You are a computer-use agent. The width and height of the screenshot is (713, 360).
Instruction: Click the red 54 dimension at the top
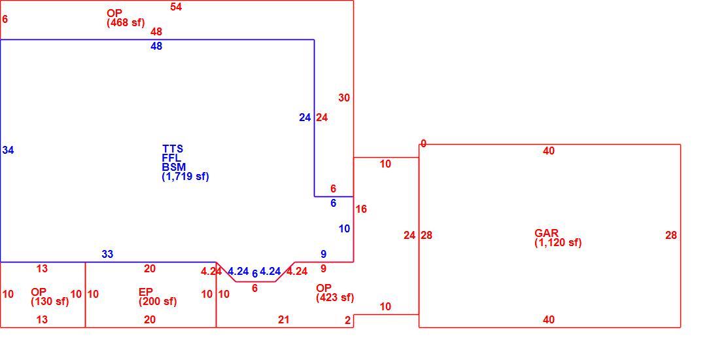click(176, 7)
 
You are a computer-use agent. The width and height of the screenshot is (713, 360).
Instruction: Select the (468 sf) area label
click(126, 22)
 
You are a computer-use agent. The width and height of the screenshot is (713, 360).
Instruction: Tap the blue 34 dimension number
click(8, 150)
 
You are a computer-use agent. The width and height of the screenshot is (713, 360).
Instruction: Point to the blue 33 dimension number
click(107, 255)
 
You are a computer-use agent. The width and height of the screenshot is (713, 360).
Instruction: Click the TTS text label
click(173, 149)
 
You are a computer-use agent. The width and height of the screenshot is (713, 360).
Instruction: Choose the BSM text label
click(174, 167)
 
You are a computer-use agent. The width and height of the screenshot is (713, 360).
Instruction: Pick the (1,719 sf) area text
click(186, 176)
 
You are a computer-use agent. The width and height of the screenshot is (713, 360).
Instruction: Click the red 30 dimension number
click(344, 98)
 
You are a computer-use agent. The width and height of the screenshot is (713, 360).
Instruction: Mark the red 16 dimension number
click(361, 209)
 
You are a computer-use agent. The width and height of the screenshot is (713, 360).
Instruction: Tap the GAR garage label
click(546, 234)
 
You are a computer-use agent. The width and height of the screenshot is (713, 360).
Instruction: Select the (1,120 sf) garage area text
click(558, 243)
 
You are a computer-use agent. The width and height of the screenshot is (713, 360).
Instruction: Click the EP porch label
click(146, 292)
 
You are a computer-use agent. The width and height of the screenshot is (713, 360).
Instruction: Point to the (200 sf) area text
click(158, 301)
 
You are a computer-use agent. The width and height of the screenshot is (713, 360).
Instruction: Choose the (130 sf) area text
click(50, 301)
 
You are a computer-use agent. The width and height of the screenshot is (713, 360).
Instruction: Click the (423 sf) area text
click(335, 298)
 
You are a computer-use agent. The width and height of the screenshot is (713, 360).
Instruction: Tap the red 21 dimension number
click(284, 320)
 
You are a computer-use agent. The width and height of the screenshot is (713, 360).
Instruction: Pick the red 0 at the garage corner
click(423, 144)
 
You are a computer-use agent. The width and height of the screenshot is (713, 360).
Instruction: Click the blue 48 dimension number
click(156, 46)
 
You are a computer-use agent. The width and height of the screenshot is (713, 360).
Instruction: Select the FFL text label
click(171, 158)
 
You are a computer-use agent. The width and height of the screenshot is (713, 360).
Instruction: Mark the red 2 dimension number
click(348, 321)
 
